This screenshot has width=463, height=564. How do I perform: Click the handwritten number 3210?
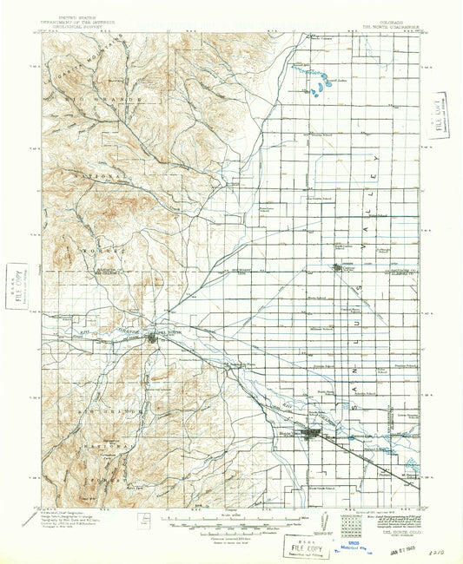point(444,548)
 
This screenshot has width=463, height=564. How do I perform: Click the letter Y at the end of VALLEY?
point(377,161)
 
